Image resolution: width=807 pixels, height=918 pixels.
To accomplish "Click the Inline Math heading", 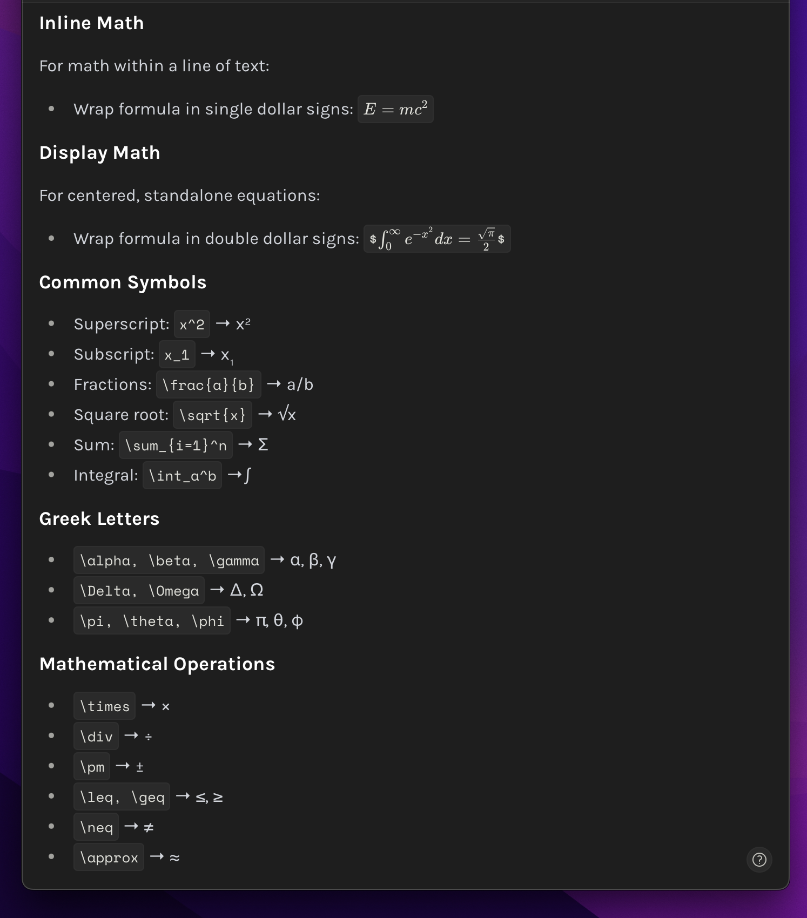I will click(91, 23).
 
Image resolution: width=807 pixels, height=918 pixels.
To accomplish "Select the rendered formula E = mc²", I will click(395, 110).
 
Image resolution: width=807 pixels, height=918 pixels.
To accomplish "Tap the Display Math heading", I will click(99, 153).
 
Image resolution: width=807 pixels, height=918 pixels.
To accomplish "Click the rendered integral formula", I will click(437, 239).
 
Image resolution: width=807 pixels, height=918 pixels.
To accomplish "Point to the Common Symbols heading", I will click(123, 282).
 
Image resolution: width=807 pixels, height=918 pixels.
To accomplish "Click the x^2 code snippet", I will click(192, 325).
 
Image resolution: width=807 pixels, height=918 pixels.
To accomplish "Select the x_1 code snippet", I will click(177, 355).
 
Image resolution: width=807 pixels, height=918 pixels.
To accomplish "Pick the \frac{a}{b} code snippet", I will click(209, 385).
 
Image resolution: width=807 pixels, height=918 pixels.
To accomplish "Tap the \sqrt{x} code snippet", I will click(212, 415).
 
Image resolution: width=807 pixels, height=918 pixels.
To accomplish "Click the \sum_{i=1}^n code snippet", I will click(176, 446).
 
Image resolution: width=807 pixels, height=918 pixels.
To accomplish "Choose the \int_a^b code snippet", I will click(182, 476).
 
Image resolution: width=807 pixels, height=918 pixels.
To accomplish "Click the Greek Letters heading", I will click(99, 519).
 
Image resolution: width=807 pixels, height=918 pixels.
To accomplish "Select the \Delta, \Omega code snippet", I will click(139, 591).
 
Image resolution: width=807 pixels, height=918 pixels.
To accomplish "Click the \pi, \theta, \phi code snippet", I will click(152, 621).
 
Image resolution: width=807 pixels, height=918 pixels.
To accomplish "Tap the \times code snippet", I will click(104, 706).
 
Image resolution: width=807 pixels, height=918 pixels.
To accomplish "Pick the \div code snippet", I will click(96, 737).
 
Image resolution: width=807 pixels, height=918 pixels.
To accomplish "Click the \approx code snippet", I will click(109, 858).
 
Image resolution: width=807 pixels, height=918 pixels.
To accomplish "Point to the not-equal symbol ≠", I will click(149, 827).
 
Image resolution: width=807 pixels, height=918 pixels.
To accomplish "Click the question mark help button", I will click(759, 860).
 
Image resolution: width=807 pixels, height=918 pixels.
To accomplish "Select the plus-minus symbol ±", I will click(140, 767).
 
